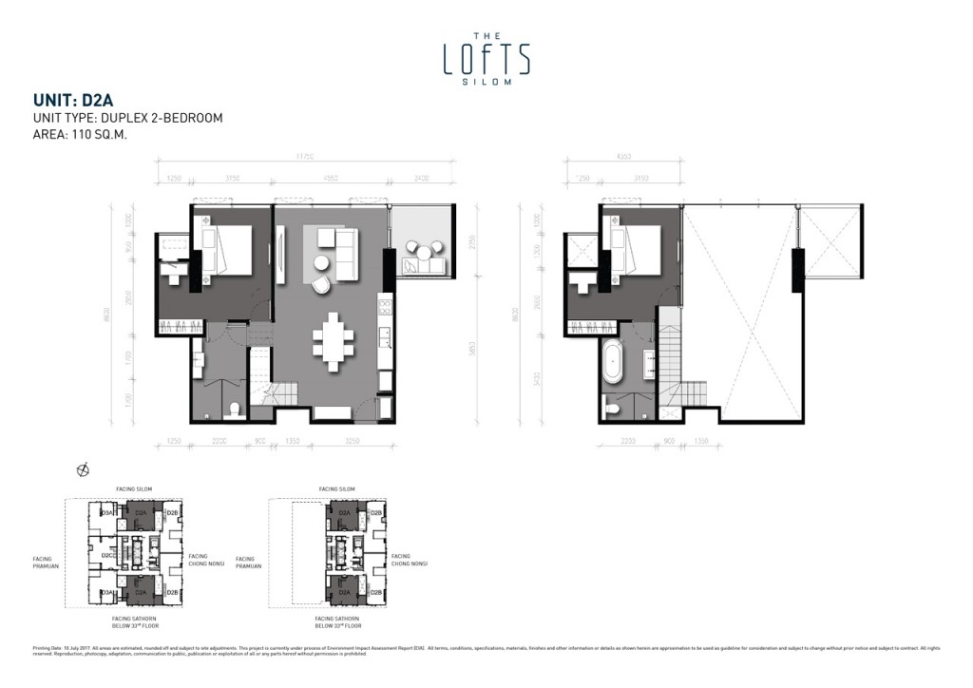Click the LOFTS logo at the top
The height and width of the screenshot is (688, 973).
click(x=486, y=58)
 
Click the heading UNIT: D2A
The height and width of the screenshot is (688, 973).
click(x=74, y=99)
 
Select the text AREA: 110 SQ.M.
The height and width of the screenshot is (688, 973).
click(x=80, y=135)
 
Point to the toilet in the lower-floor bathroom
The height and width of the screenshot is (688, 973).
click(x=235, y=410)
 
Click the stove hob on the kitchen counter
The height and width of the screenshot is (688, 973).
click(x=385, y=307)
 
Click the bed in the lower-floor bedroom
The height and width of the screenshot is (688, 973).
click(x=231, y=250)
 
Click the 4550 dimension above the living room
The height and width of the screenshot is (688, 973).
click(x=331, y=177)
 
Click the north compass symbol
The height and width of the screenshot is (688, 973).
click(x=84, y=468)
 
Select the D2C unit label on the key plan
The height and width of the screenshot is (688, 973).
click(x=108, y=554)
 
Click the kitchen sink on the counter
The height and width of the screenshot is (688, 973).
click(x=385, y=336)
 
